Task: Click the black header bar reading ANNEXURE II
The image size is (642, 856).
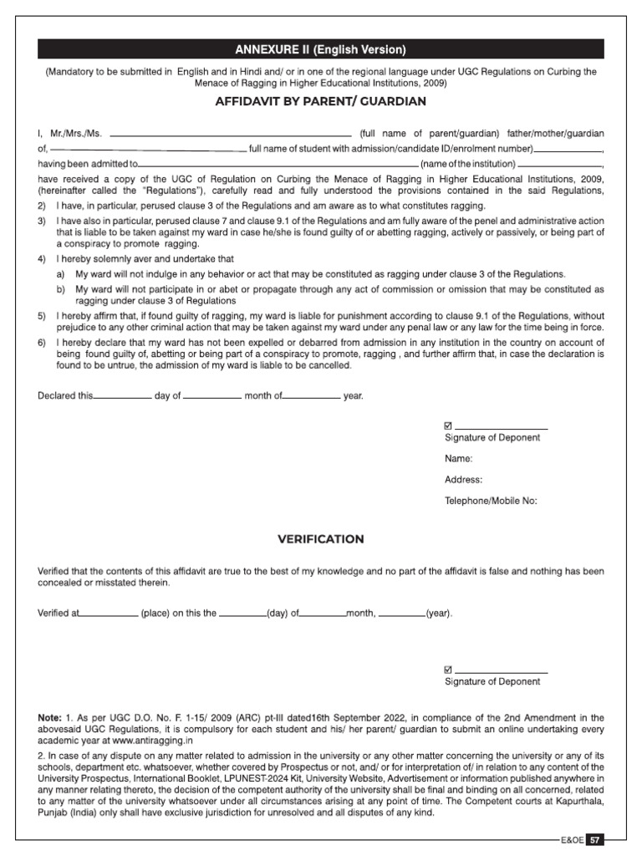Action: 321,49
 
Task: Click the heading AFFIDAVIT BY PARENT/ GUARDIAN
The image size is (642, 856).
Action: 321,101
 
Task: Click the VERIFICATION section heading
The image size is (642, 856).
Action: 321,539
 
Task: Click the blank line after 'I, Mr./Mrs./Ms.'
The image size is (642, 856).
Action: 231,134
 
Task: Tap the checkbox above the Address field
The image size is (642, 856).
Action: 448,426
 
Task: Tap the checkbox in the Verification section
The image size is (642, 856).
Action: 448,670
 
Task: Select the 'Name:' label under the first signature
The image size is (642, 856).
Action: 459,459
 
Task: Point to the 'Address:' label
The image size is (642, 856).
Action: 463,480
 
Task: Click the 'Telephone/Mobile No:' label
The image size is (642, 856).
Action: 491,501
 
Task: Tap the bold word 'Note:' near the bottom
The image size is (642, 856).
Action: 49,718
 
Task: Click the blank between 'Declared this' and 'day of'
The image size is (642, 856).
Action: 122,396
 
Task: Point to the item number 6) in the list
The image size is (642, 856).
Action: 42,344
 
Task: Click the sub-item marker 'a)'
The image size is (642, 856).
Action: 60,274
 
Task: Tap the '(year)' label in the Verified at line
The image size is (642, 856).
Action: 439,614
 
